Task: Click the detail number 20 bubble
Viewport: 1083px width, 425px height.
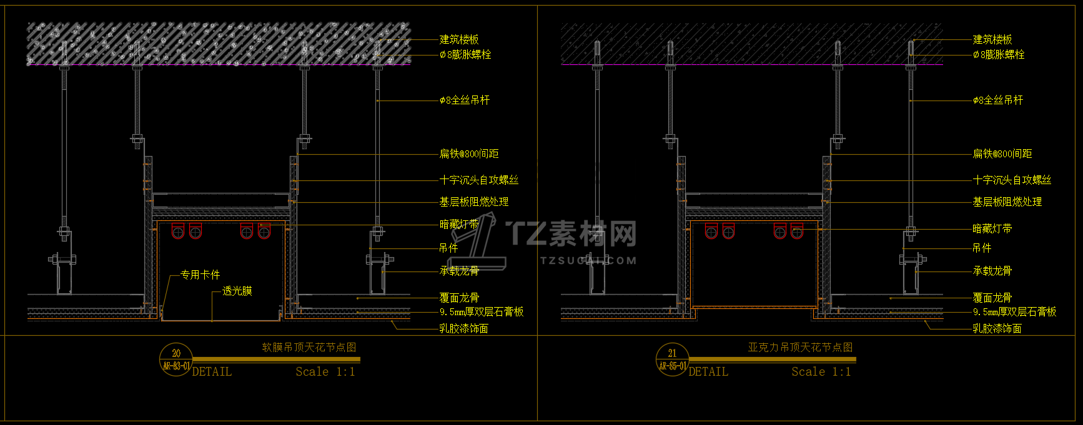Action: [176, 359]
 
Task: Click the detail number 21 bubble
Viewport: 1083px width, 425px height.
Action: [672, 359]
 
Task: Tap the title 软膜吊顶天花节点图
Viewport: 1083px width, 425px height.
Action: [309, 348]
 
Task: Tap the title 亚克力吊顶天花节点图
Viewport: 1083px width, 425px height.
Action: [800, 348]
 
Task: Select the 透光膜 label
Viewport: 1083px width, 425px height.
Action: [237, 291]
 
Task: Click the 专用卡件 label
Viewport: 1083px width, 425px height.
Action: [200, 275]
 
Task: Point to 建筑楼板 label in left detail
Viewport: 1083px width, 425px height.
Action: [459, 39]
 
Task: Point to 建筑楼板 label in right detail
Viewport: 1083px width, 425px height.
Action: [992, 39]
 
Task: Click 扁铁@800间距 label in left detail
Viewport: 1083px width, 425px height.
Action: [469, 154]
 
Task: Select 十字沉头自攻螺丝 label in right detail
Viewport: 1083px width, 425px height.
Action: [1012, 180]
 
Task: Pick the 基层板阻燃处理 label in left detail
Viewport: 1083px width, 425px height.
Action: [473, 202]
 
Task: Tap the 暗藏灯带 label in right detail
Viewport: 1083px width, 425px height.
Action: [992, 228]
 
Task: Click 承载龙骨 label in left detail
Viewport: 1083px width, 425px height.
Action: [459, 271]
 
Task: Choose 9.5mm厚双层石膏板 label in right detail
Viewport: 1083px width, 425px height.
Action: [1014, 311]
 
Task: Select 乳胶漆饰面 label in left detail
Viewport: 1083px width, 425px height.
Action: [463, 328]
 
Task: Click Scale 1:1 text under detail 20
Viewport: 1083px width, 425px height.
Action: [325, 372]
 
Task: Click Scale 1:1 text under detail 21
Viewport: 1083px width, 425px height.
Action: [821, 372]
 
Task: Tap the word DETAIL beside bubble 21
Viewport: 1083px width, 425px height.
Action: [708, 372]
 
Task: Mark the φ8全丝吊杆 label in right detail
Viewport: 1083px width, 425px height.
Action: [997, 100]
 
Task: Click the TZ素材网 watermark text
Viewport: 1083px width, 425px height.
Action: [571, 233]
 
